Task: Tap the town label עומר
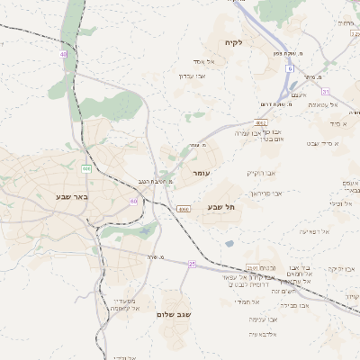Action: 199,172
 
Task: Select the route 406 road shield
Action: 86,168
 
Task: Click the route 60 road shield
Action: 133,202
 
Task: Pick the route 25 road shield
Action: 192,264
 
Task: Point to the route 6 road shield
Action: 291,68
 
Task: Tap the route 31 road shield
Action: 326,92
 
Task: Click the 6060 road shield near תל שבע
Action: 184,209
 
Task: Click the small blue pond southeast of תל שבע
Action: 229,243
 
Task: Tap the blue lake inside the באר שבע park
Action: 144,232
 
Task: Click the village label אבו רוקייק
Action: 263,172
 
